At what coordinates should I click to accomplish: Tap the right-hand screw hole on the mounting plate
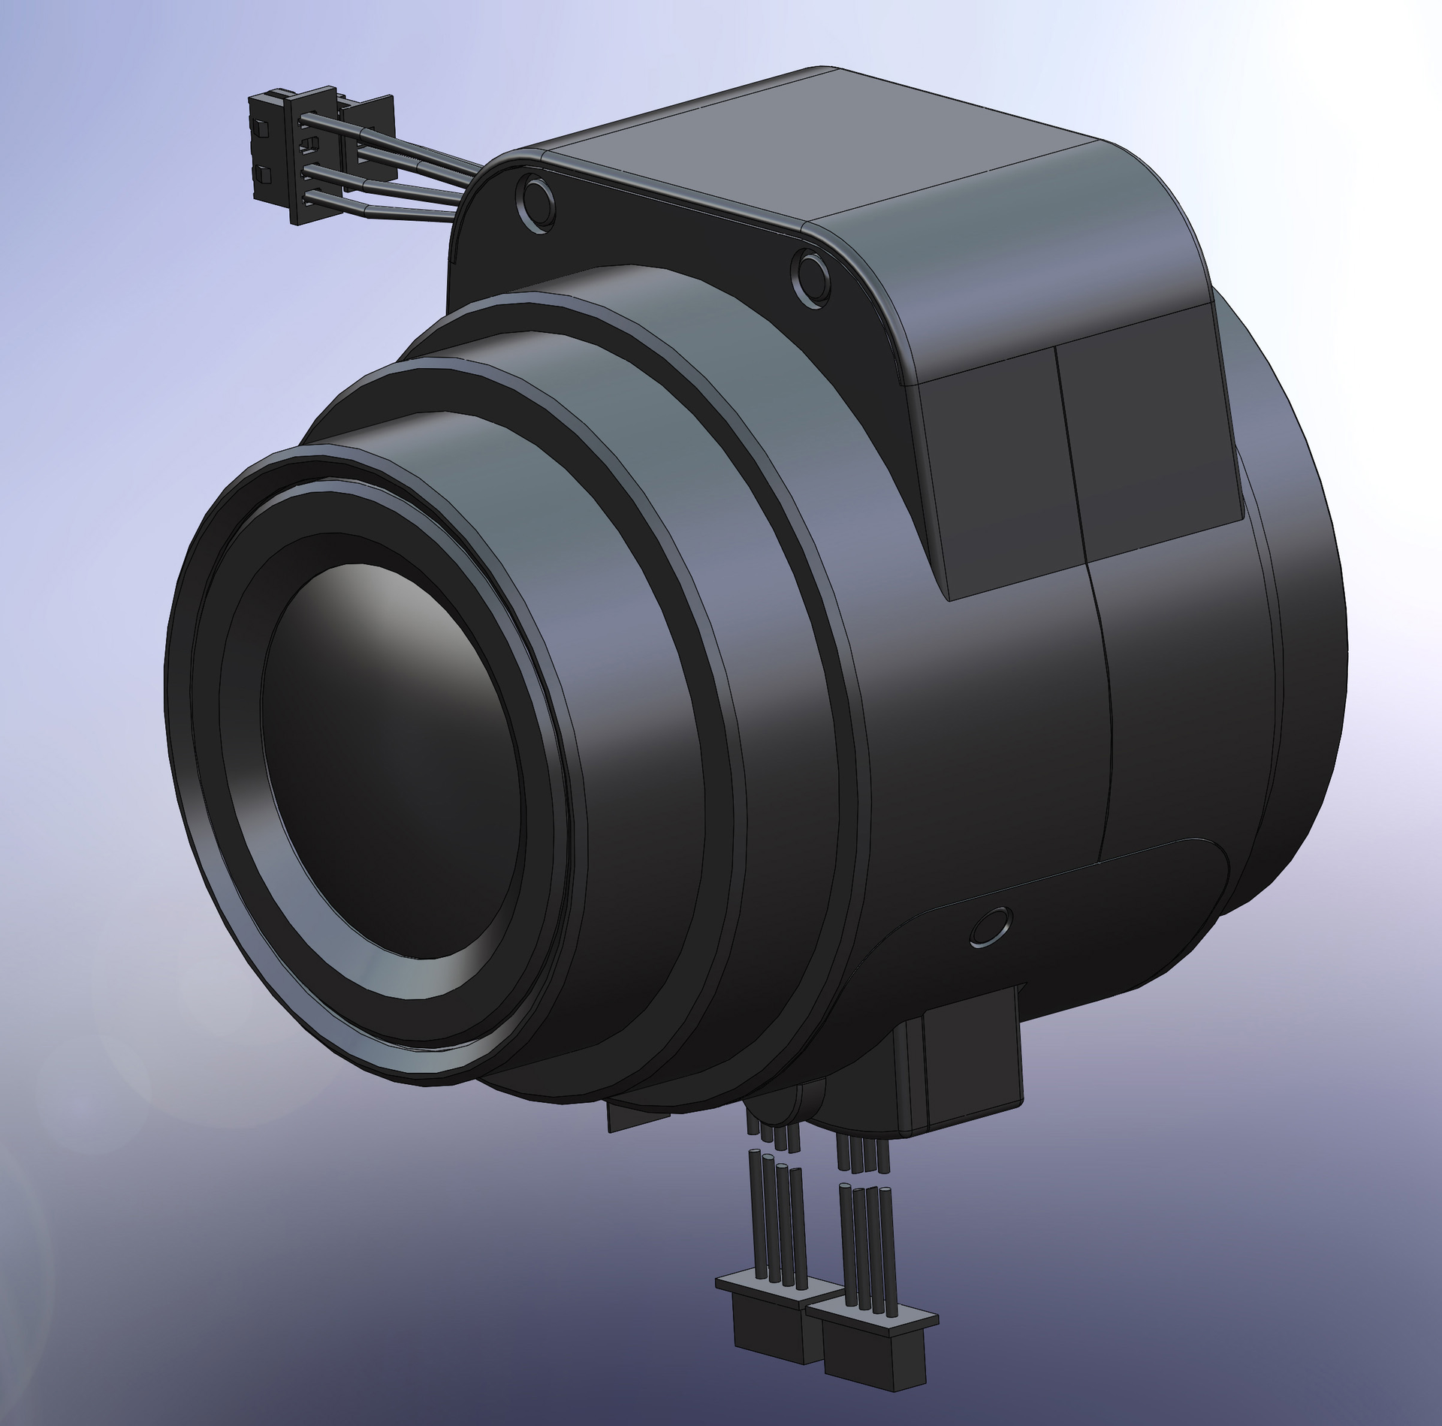click(812, 277)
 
